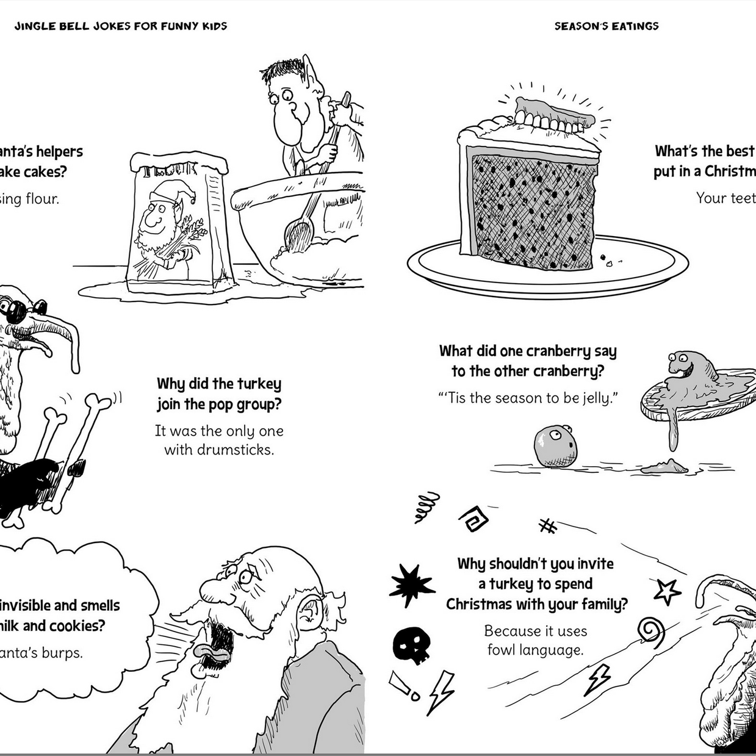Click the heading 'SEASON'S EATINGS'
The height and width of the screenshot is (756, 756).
pyautogui.click(x=606, y=26)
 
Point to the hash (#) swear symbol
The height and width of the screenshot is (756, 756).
pyautogui.click(x=548, y=525)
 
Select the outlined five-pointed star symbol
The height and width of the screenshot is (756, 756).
pyautogui.click(x=667, y=591)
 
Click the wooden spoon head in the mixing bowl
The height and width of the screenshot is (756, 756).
pyautogui.click(x=298, y=234)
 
